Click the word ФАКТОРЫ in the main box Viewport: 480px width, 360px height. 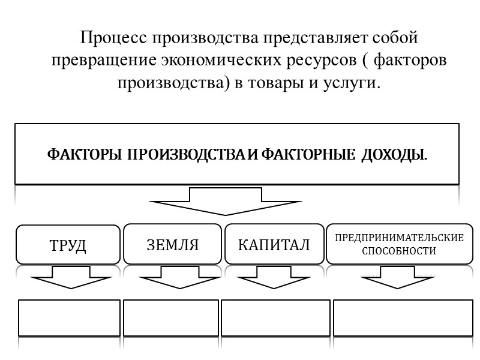click(85, 155)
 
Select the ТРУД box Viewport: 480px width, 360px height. click(68, 245)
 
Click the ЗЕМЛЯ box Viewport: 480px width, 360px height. click(172, 245)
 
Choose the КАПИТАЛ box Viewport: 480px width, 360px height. click(274, 245)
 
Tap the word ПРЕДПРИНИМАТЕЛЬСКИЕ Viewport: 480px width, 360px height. click(399, 238)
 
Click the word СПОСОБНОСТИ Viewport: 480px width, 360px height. click(399, 251)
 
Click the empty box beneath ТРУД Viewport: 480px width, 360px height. click(69, 318)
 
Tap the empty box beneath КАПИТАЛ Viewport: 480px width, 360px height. click(275, 318)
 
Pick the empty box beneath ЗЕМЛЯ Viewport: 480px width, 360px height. click(171, 318)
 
